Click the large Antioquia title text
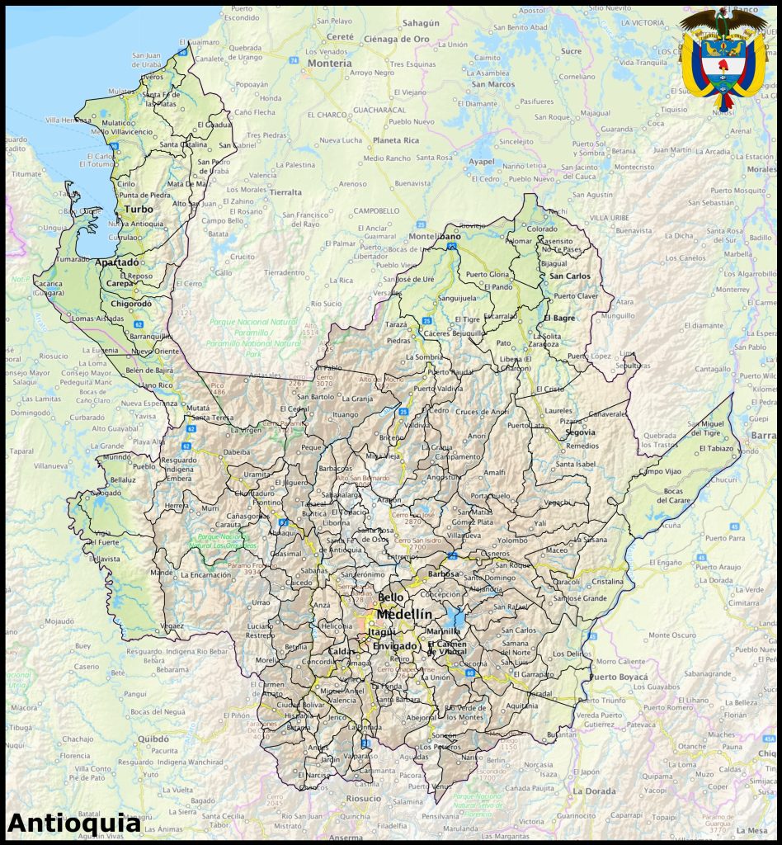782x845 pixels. (x=73, y=823)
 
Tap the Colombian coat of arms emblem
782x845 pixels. (x=723, y=58)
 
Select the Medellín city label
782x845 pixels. (x=404, y=615)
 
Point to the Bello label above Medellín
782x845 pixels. (x=391, y=597)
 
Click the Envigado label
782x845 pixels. (x=394, y=646)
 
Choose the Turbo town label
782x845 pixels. (x=139, y=209)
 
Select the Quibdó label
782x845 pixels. (x=153, y=739)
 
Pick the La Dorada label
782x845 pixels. (x=595, y=791)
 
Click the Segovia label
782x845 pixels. (x=581, y=432)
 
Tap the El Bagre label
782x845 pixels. (x=559, y=317)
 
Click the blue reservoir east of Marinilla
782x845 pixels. (x=456, y=619)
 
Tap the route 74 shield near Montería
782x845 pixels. (x=293, y=60)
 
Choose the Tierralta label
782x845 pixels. (x=286, y=191)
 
